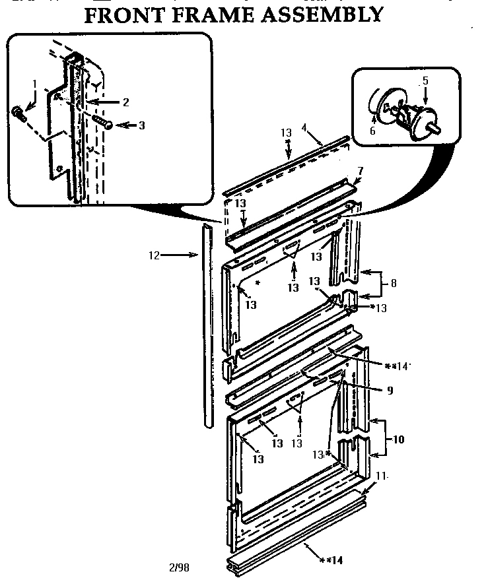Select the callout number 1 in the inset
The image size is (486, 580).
(35, 84)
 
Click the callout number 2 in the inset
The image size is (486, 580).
(125, 102)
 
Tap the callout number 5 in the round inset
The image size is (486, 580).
(425, 81)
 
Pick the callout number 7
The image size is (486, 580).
(361, 171)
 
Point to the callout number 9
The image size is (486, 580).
(390, 391)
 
